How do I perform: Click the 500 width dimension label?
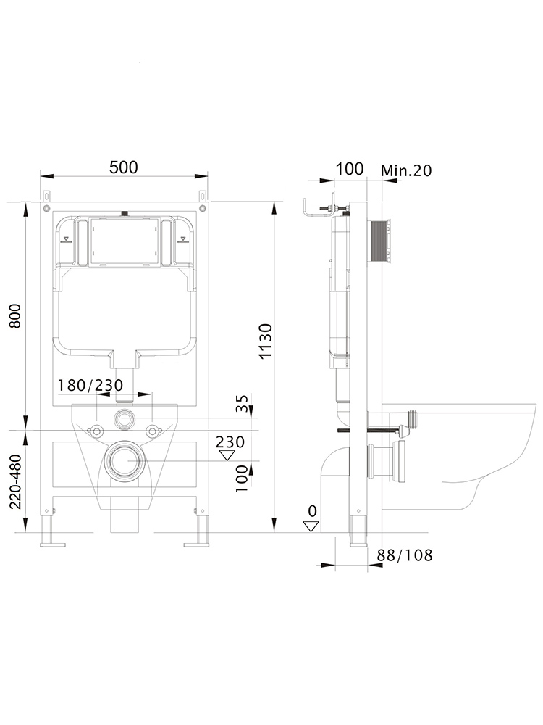124,167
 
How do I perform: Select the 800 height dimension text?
16,316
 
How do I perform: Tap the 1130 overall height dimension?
266,341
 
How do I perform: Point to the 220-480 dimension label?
16,481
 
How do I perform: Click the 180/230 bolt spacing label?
90,385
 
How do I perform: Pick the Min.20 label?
406,170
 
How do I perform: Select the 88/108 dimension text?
405,555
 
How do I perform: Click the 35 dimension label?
242,402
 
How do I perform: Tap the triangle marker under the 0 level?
311,526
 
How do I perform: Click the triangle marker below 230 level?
227,455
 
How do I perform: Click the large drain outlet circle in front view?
125,461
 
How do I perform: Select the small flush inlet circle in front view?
125,418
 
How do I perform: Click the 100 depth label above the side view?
350,169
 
